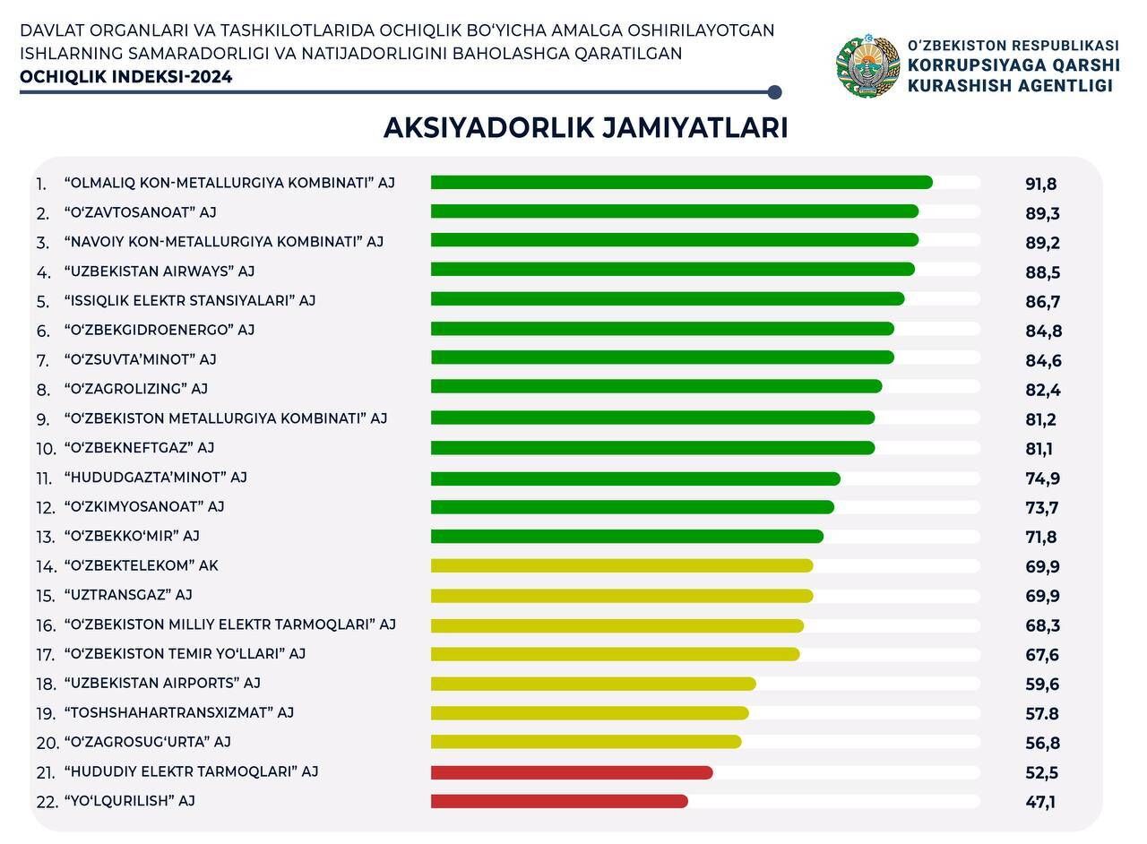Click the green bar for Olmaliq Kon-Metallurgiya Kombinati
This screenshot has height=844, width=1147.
[681, 183]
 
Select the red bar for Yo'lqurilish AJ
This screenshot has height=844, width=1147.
[559, 801]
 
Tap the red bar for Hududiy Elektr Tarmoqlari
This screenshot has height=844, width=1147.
[572, 772]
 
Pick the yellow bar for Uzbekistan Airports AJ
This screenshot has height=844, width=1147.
[593, 684]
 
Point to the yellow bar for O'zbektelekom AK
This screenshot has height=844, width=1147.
[622, 566]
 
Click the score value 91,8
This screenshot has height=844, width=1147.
[1041, 185]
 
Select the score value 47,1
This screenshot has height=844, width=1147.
[1040, 802]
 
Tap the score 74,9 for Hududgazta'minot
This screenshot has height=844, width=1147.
[1043, 478]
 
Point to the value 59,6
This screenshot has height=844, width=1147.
[1042, 685]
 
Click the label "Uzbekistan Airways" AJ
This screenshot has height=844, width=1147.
[160, 271]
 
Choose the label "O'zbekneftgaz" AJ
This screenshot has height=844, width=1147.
[139, 448]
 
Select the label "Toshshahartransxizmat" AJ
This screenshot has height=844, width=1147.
[179, 713]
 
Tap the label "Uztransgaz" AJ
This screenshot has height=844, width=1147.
[128, 595]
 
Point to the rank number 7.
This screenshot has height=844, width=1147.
[43, 360]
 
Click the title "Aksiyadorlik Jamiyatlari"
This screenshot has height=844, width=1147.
[585, 128]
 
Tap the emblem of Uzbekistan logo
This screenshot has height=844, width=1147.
[867, 66]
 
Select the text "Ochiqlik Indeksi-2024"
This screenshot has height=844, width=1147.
[126, 77]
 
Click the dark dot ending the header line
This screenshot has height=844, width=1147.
[775, 92]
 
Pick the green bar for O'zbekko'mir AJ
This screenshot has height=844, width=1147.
[626, 537]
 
